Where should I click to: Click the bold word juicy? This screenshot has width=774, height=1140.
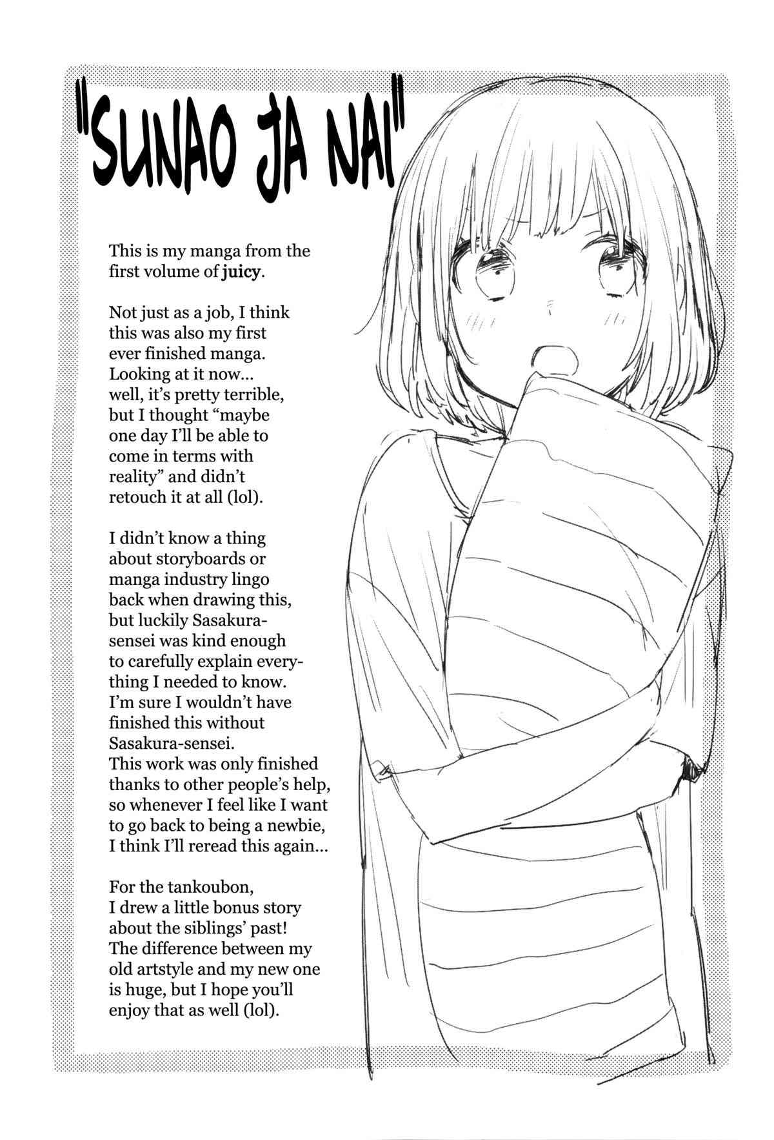241,272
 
